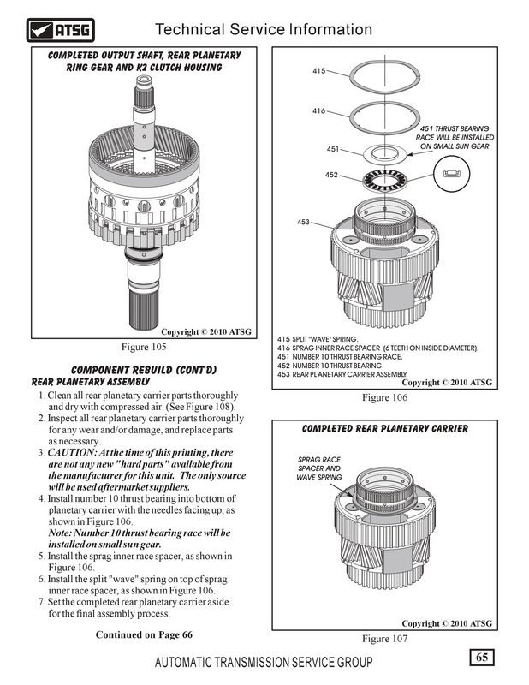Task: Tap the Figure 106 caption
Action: [388, 397]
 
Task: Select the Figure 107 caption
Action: [388, 638]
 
